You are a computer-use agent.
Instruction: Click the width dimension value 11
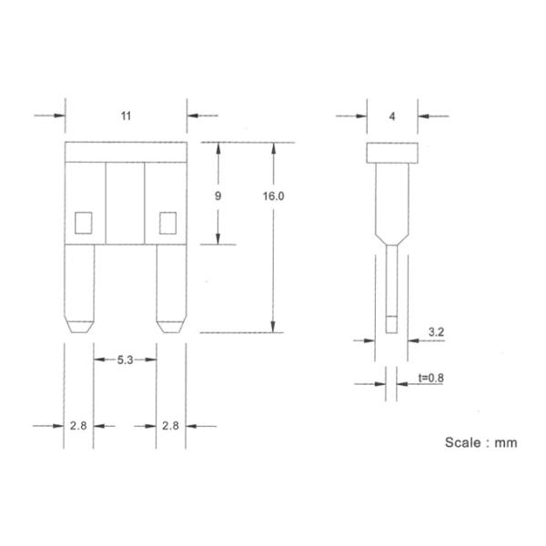pos(126,117)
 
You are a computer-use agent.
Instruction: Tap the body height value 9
pos(217,196)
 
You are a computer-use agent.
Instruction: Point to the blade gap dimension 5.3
pos(126,360)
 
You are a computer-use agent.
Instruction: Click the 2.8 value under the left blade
pos(79,425)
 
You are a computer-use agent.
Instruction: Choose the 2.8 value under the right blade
pos(170,425)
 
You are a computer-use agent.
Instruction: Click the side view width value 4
pos(392,116)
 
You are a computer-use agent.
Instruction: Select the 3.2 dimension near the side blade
pos(436,333)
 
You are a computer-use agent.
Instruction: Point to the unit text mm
pos(506,443)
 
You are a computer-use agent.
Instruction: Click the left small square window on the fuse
pos(83,220)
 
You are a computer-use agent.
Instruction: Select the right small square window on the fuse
pos(167,220)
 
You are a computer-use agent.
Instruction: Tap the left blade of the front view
pos(79,287)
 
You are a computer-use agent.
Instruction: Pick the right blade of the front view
pos(170,287)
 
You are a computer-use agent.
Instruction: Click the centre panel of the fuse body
pos(126,202)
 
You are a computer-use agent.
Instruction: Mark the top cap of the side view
pos(392,152)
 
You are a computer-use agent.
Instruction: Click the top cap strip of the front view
pos(126,152)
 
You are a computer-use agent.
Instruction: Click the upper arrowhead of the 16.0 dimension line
pos(274,148)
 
